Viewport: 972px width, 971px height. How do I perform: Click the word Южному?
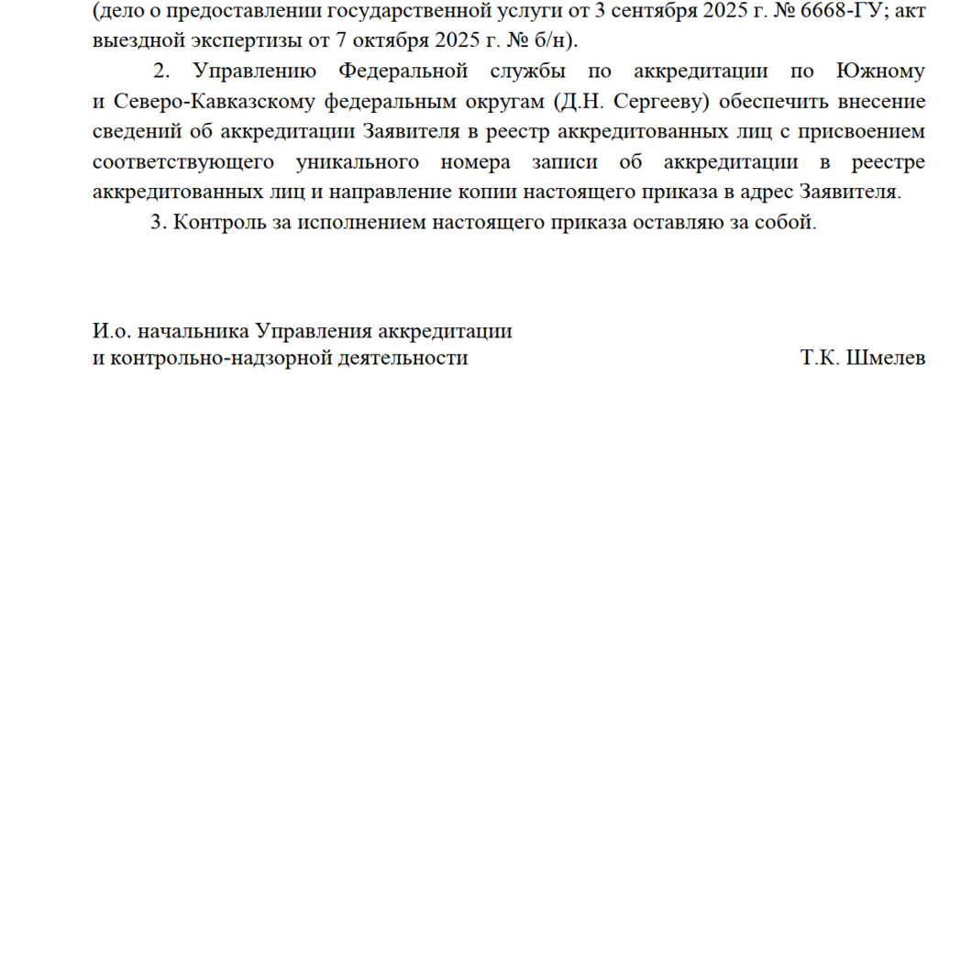(882, 72)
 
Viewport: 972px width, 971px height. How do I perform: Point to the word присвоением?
(860, 132)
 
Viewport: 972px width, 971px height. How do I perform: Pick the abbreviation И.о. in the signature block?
(110, 331)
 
